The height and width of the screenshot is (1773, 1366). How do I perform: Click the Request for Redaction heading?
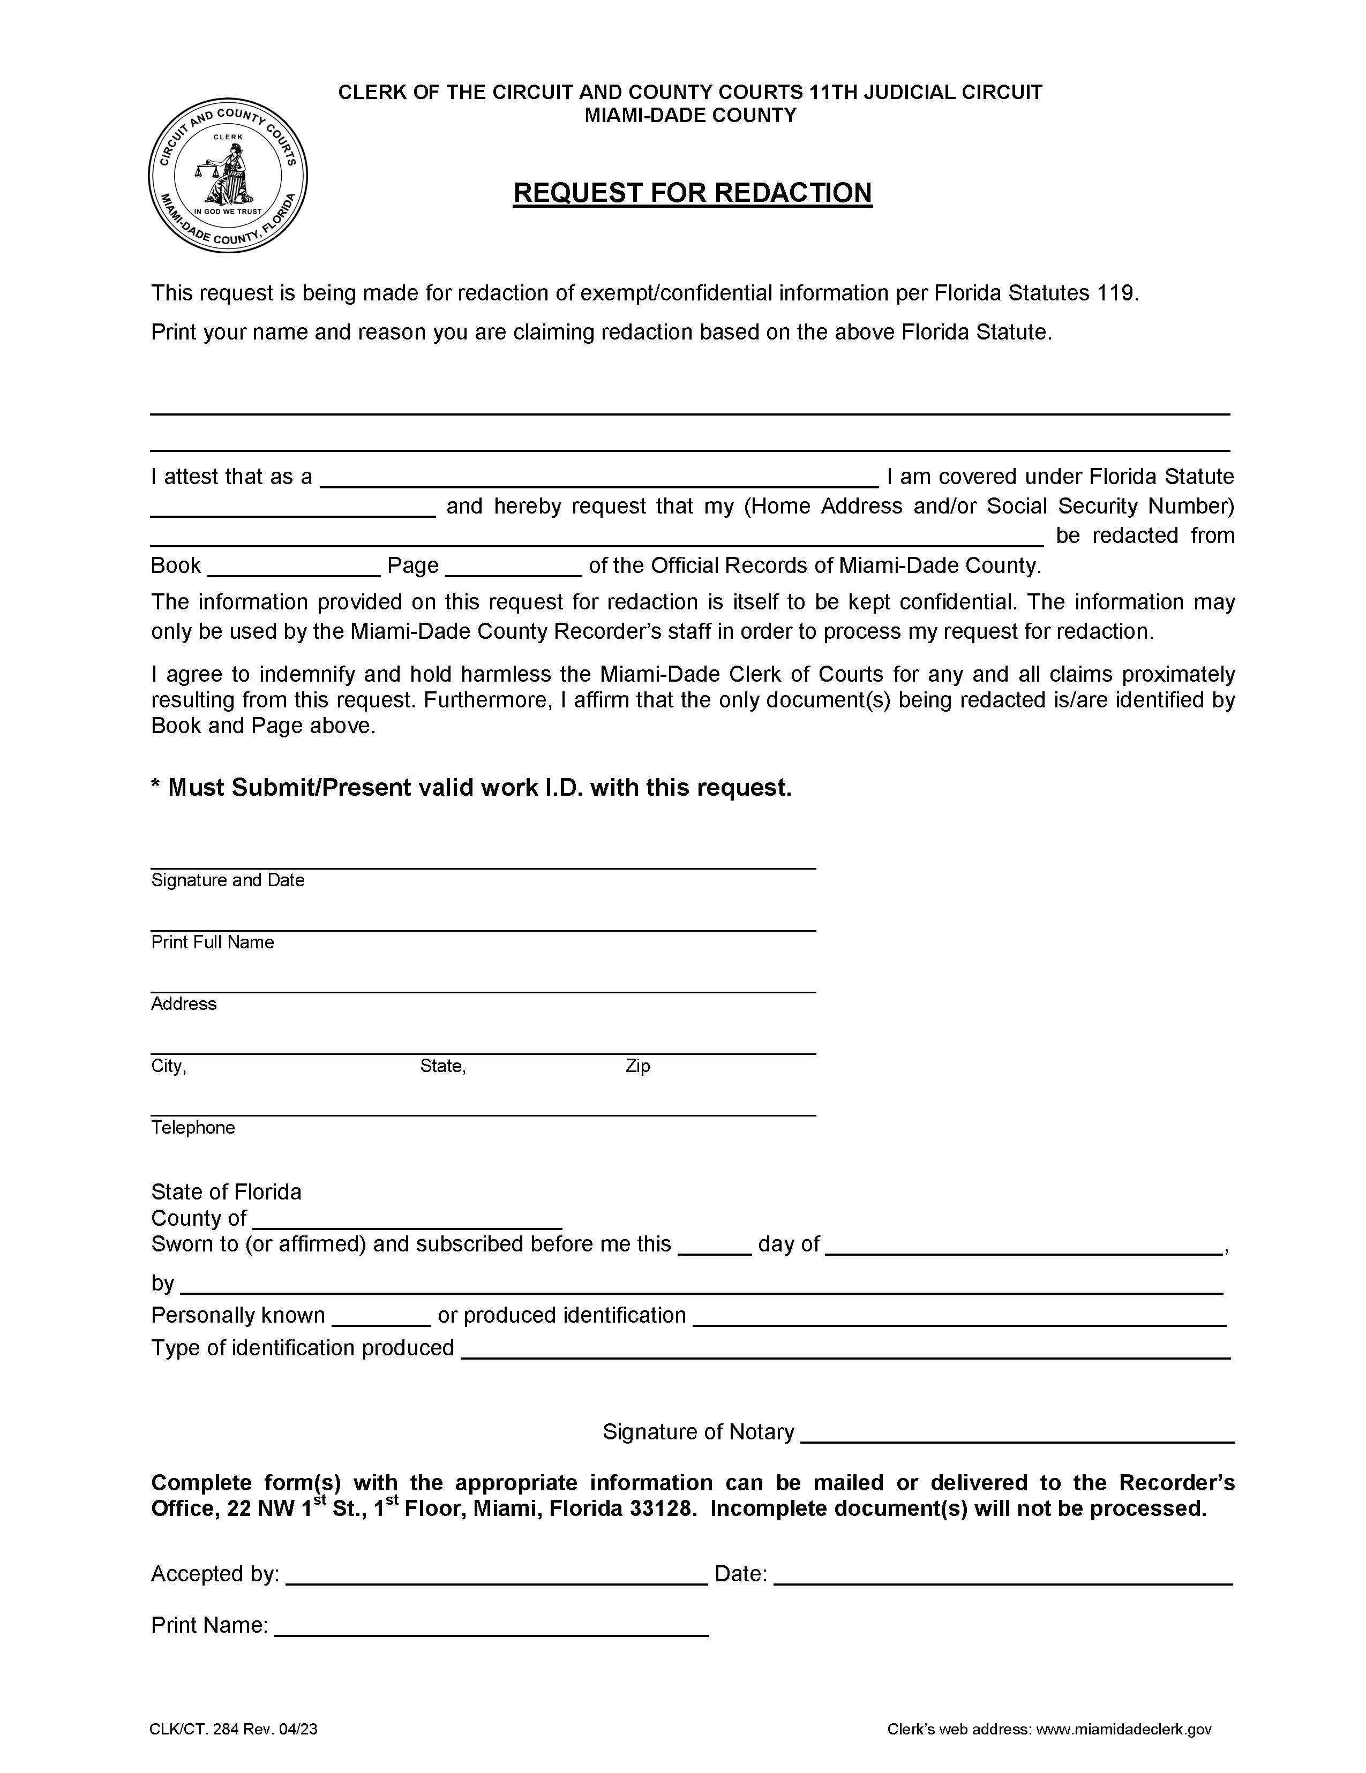click(692, 192)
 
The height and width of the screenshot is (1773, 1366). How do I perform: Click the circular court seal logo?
click(227, 175)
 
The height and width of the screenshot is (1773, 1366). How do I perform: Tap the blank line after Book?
click(294, 568)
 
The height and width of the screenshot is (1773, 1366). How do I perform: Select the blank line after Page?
click(513, 568)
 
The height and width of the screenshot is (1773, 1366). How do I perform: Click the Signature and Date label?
click(227, 880)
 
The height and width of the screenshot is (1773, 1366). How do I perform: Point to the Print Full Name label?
click(212, 942)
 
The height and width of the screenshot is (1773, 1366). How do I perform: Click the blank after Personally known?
click(381, 1318)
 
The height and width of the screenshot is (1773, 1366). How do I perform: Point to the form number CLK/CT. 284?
click(195, 1729)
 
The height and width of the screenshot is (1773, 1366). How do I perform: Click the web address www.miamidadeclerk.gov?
click(1124, 1729)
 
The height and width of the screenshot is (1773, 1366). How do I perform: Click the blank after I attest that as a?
click(599, 479)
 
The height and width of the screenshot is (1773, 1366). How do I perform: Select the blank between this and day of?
click(714, 1248)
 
